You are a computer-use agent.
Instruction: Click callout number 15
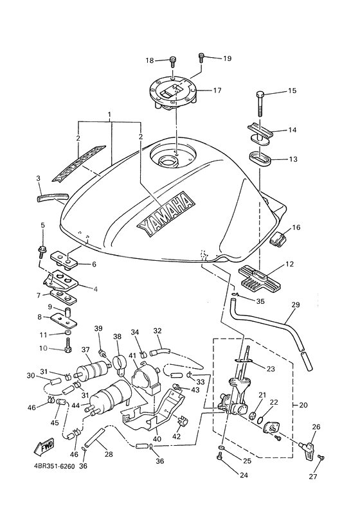292,91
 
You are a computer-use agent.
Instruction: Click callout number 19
227,58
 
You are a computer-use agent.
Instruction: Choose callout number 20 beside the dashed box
303,405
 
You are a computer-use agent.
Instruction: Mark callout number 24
225,476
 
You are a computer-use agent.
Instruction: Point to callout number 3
39,178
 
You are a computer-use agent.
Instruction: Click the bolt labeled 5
43,248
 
